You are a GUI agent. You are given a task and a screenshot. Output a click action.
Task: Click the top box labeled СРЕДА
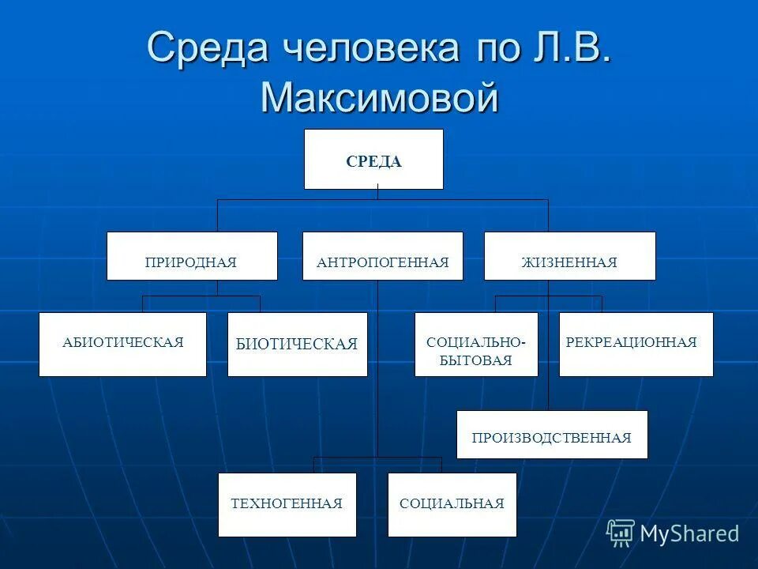[x=373, y=160]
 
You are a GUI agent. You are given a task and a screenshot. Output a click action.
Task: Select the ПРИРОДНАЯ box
[x=192, y=256]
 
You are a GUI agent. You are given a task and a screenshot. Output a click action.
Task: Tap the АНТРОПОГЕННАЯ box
[x=383, y=256]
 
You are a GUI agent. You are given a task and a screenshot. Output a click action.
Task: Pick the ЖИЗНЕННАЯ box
[x=569, y=256]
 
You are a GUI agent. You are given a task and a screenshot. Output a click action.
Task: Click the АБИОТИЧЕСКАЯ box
[x=122, y=345]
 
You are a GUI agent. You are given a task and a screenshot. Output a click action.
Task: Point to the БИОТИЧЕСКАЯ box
[x=297, y=345]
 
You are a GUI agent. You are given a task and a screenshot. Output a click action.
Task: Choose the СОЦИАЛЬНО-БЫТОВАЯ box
[x=476, y=345]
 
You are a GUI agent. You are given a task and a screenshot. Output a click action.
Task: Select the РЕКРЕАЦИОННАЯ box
[x=636, y=345]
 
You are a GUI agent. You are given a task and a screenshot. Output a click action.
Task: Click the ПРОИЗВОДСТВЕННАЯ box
[x=552, y=435]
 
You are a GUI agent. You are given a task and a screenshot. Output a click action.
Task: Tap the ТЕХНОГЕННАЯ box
[x=287, y=505]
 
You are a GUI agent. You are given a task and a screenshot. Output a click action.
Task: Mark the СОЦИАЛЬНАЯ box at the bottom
[x=452, y=505]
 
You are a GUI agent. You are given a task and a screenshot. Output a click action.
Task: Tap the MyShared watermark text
[x=689, y=534]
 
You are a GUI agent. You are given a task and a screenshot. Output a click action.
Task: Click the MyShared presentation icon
[x=621, y=533]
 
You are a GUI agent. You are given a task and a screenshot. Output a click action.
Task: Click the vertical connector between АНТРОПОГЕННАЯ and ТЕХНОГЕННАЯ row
[x=377, y=371]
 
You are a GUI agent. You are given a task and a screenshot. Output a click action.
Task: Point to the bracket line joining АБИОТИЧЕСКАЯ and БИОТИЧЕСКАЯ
[x=201, y=296]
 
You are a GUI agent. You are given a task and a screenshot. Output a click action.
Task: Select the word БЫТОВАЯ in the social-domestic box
[x=476, y=360]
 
